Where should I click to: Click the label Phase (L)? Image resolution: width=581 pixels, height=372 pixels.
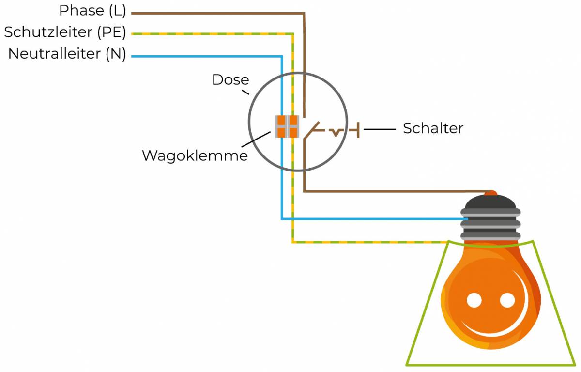click(92, 10)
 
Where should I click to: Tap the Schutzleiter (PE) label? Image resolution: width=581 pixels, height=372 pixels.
click(65, 32)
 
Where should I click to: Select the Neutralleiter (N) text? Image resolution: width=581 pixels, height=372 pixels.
click(67, 54)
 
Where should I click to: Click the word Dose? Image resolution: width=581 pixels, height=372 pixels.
click(230, 79)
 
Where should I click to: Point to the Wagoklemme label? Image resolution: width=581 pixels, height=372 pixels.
click(195, 155)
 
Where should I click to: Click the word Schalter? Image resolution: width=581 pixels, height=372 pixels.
click(433, 128)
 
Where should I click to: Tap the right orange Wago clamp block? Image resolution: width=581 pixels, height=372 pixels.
click(292, 126)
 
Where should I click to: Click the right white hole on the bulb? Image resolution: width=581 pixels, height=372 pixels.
click(507, 300)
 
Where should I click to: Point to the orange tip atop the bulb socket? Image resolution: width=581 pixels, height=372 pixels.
click(491, 193)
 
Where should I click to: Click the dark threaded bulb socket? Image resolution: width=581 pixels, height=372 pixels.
click(491, 218)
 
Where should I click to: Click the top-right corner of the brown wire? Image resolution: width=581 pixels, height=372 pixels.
click(304, 13)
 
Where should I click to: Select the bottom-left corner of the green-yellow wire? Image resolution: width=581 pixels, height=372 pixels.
click(292, 241)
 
